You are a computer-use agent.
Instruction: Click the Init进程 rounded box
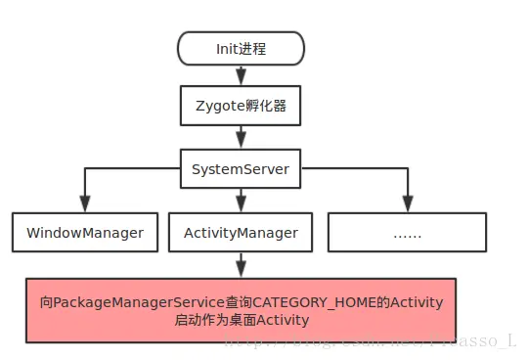coord(241,47)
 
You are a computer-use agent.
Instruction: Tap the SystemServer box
coord(240,169)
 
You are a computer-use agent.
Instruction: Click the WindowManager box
coord(85,233)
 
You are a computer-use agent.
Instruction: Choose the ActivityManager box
coord(241,233)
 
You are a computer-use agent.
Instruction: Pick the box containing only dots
coord(406,233)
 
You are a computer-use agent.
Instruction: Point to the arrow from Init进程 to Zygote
coord(241,75)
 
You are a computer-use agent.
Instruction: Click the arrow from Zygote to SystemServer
coord(241,137)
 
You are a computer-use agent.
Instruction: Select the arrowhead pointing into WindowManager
coord(85,204)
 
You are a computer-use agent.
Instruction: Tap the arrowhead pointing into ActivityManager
coord(241,204)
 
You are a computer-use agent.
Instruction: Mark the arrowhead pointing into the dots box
coord(406,204)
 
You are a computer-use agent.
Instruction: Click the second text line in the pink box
coord(242,320)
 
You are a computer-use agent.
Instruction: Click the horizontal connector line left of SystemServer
coord(132,169)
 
